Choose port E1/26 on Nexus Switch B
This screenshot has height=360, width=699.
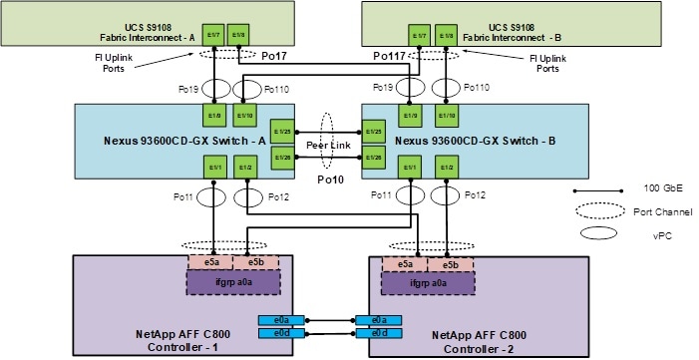point(373,158)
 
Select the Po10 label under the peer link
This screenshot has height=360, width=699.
point(328,181)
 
